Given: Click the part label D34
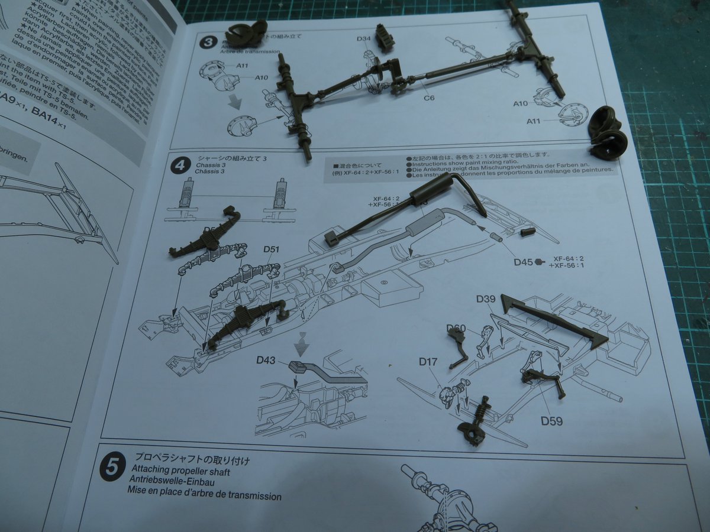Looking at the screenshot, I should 364,39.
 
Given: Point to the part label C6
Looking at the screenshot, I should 429,97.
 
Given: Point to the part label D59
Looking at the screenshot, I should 550,421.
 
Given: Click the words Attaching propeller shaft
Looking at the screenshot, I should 181,472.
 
